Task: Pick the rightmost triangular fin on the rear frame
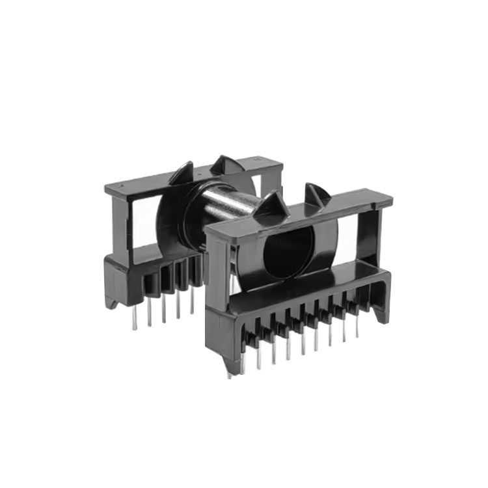(x=228, y=166)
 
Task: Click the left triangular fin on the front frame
(x=268, y=205)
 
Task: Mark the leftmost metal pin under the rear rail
(x=135, y=319)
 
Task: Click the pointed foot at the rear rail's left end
(x=114, y=303)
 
